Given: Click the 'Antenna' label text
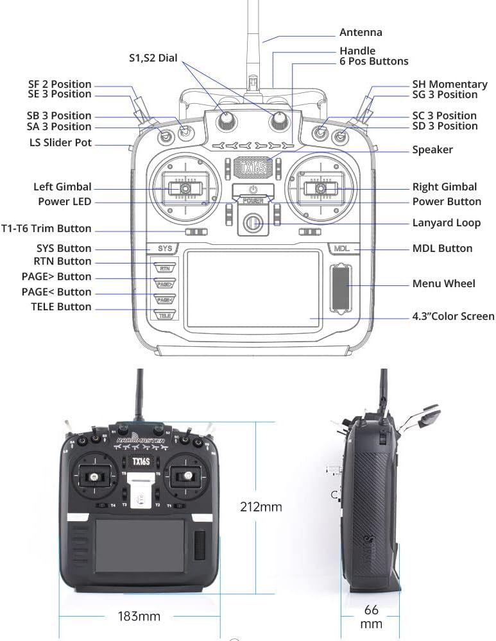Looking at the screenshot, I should point(360,32).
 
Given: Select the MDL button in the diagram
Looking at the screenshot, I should point(341,248).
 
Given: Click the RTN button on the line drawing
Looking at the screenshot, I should point(165,269).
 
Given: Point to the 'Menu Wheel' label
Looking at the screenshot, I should point(443,283).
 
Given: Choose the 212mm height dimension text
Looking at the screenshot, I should point(261,507).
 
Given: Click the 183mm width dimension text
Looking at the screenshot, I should point(139,617).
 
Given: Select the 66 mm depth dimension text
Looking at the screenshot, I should point(372,616).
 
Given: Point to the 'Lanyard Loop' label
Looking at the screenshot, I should point(446,223).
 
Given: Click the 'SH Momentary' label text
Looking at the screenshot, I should point(449,84).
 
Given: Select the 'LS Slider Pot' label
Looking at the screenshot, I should point(60,142).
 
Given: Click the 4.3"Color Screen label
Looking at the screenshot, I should point(453,316).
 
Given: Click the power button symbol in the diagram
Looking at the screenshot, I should point(253,190).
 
